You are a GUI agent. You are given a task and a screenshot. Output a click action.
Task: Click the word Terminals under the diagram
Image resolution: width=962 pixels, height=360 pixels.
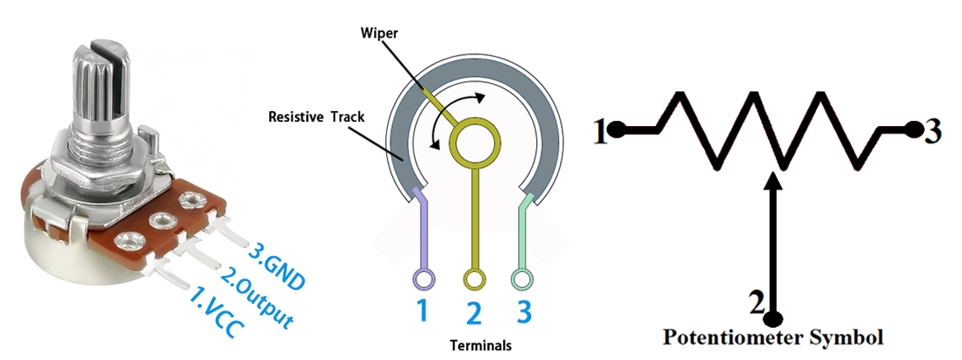[481, 345]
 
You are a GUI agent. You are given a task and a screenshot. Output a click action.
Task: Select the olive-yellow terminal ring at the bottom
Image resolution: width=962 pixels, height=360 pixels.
[474, 280]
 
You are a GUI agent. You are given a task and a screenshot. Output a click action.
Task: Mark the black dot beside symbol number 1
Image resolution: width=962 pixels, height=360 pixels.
[619, 129]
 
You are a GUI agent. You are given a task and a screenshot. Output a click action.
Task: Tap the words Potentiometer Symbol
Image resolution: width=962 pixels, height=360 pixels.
[773, 338]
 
